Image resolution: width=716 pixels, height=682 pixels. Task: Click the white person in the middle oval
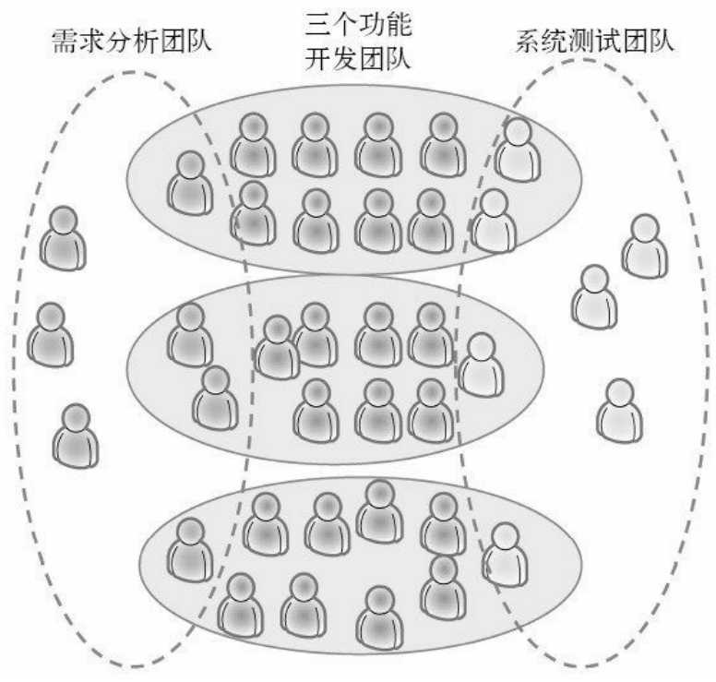pyautogui.click(x=481, y=365)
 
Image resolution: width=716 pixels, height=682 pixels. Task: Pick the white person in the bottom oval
pyautogui.click(x=505, y=556)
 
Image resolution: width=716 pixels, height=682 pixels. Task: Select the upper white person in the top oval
pyautogui.click(x=518, y=150)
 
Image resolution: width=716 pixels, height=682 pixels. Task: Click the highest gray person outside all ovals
pyautogui.click(x=63, y=237)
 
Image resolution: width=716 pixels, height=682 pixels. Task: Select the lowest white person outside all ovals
pyautogui.click(x=618, y=411)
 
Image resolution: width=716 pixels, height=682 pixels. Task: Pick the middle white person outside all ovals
pyautogui.click(x=594, y=297)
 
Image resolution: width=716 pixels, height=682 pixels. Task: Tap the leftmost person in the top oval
pyautogui.click(x=191, y=184)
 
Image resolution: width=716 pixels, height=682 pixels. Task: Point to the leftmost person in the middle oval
pyautogui.click(x=190, y=334)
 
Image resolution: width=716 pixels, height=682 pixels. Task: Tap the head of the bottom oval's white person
pyautogui.click(x=505, y=537)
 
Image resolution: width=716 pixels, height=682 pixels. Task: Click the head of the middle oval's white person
pyautogui.click(x=481, y=347)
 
